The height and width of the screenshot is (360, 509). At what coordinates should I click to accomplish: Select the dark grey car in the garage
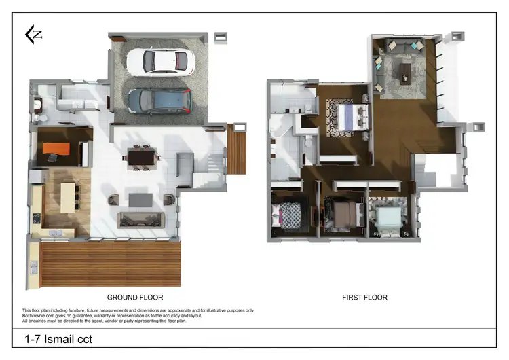coord(159,100)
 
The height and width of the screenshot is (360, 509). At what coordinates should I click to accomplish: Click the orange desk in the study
coord(59,148)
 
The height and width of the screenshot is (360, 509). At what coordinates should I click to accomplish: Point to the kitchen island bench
coord(68,198)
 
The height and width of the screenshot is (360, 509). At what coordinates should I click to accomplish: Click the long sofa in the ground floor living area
coord(141,219)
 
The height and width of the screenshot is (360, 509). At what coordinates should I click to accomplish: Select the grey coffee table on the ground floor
coord(141,200)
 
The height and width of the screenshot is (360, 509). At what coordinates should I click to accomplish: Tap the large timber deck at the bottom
coord(109,264)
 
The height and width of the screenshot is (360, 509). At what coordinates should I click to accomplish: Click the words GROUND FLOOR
coord(135,298)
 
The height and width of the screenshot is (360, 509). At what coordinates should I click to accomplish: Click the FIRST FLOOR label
coord(364,298)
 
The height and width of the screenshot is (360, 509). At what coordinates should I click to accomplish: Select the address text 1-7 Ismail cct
coord(58,339)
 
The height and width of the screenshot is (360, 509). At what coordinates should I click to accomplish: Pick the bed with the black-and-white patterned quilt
coord(291,216)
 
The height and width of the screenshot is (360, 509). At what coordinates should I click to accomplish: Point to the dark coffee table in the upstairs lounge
coord(405,71)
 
